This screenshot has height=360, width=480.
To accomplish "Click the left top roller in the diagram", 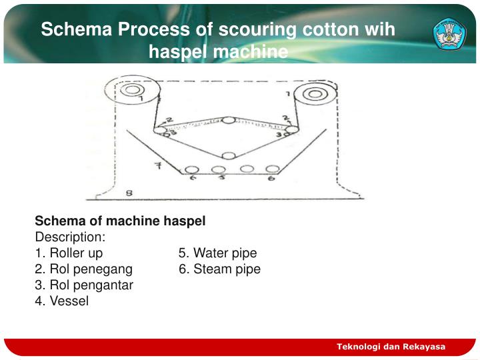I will point(132,90).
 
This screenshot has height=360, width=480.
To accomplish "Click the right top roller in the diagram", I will point(315,93).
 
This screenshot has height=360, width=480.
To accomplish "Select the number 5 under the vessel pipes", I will point(223,179).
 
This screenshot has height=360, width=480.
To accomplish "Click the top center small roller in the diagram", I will point(229,120).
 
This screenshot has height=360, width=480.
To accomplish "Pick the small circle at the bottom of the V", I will point(229,156).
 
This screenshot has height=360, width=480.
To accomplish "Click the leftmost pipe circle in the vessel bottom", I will point(193,169).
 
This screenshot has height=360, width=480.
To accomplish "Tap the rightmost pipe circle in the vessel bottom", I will point(272,169).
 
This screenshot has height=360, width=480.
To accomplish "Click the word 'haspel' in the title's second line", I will point(175,51).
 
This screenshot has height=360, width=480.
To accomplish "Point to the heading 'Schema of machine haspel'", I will point(120,221).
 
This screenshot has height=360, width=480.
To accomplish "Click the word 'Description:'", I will point(70,237).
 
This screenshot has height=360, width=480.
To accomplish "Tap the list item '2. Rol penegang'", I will point(83,269).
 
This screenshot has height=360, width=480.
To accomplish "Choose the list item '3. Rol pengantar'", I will point(84,285).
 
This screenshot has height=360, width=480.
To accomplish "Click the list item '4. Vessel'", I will point(61,301).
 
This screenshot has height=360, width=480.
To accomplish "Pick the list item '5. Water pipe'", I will point(217,253).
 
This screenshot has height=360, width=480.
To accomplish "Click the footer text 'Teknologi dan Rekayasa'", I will point(391,347).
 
